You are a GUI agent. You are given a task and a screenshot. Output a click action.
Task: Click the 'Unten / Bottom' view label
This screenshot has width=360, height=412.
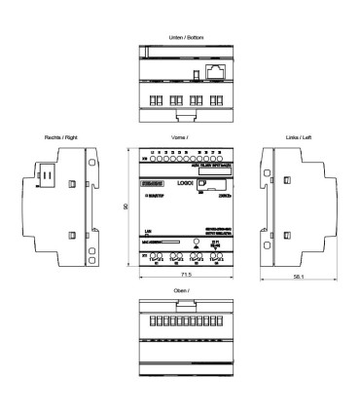[x=179, y=37]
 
